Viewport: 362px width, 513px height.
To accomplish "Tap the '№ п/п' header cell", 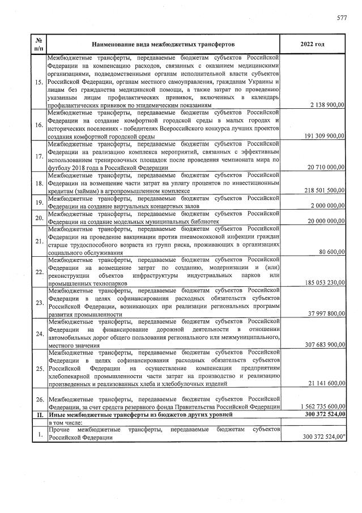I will [x=39, y=44].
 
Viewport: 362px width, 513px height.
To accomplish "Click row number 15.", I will [x=39, y=83].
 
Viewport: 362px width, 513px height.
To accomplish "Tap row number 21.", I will [x=39, y=241].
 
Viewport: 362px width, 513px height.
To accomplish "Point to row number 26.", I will [x=39, y=400].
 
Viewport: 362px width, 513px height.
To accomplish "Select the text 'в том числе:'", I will [x=65, y=423].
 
